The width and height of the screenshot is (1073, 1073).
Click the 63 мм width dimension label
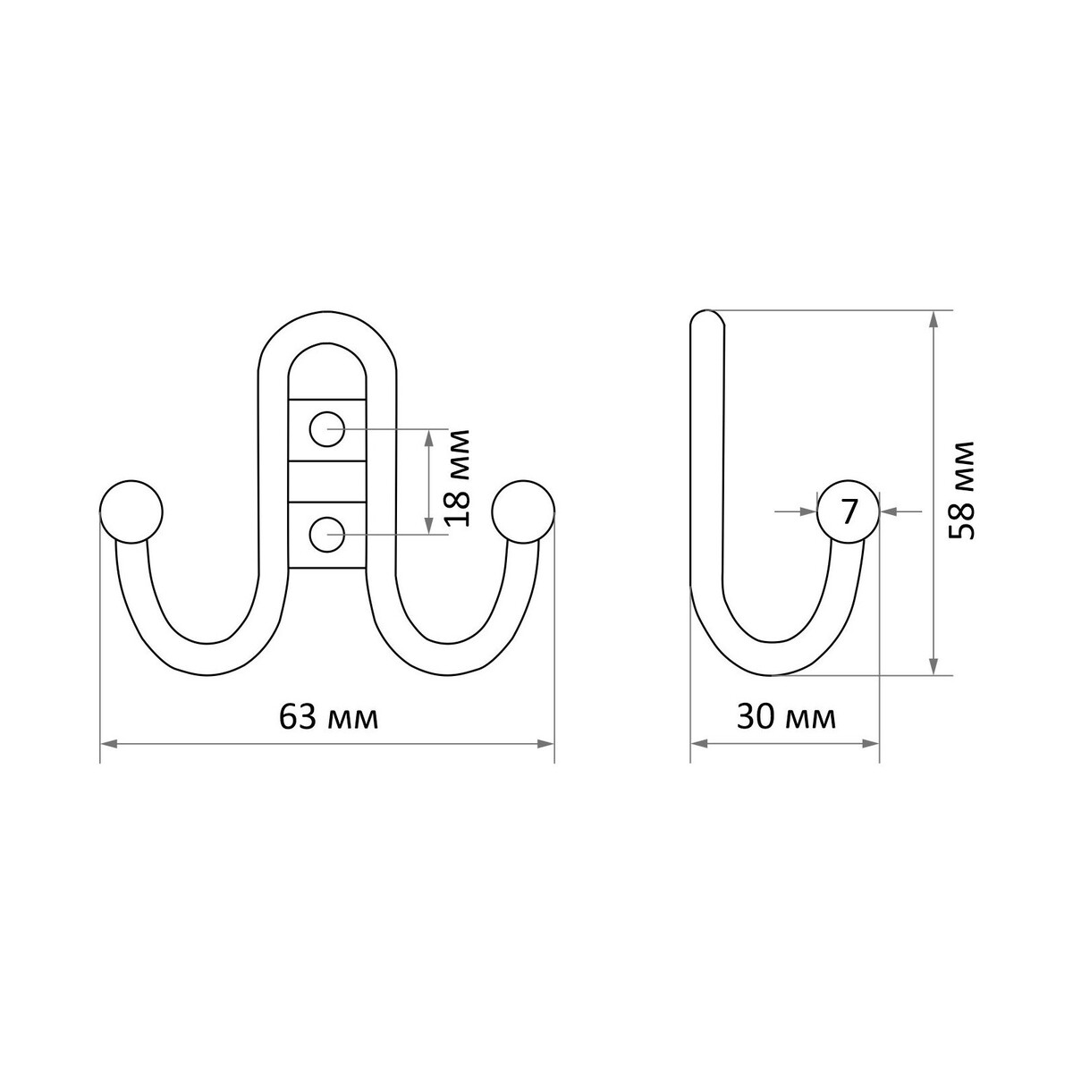(328, 717)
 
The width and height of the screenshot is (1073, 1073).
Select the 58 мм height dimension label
(961, 490)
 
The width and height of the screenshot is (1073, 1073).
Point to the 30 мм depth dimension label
(786, 717)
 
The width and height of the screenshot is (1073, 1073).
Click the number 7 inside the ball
(848, 511)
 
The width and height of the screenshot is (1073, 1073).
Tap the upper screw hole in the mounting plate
(327, 429)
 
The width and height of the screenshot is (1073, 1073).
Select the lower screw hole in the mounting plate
(327, 534)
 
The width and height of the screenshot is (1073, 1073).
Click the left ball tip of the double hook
(131, 511)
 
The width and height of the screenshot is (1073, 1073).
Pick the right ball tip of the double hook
(523, 511)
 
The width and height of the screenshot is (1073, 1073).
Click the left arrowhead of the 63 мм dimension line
(108, 744)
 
